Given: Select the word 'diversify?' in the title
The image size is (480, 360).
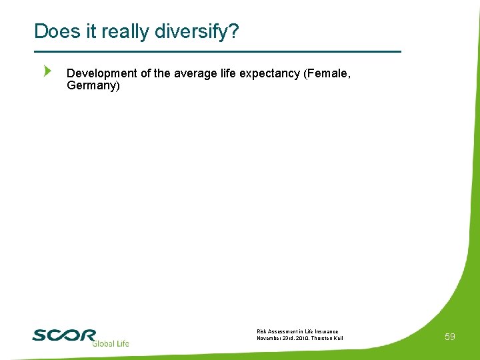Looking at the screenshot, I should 203,31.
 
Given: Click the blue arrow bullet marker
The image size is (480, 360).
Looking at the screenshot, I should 47,71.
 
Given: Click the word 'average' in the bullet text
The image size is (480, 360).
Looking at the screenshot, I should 196,73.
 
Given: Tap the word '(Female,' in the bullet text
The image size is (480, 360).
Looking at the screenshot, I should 327,73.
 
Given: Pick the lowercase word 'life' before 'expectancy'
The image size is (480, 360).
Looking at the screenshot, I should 228,73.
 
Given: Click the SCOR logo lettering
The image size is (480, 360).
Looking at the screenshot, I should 64,335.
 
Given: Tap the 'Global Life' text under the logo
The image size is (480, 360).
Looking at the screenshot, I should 110,343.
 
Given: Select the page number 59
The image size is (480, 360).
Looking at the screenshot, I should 450,337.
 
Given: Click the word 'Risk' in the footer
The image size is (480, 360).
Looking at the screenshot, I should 262,331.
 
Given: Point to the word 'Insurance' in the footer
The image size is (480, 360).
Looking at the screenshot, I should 326,331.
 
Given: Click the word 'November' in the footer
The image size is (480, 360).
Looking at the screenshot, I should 269,338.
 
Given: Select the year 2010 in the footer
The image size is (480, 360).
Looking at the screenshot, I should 305,338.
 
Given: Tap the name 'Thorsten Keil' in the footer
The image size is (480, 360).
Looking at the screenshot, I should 330,338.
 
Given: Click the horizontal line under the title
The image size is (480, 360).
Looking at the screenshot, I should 217,51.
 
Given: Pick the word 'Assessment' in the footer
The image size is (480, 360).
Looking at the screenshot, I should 283,331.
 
